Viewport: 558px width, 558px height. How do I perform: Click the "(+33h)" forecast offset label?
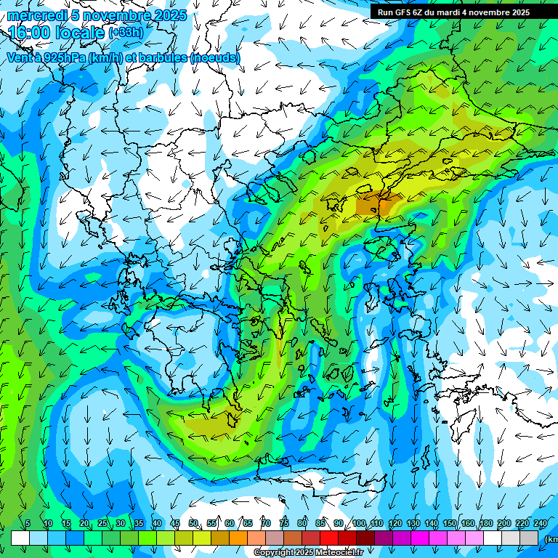click(x=126, y=33)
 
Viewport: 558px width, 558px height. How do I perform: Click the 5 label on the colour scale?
click(x=28, y=524)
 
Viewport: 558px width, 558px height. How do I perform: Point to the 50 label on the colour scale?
click(x=193, y=524)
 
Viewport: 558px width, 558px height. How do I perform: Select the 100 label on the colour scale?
click(x=359, y=524)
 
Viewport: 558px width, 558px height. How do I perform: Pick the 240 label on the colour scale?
click(x=540, y=524)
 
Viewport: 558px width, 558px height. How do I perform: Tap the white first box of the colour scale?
click(x=20, y=538)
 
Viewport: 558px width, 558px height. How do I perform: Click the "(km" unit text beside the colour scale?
click(x=551, y=539)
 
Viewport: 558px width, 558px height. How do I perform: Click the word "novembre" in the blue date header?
click(x=114, y=15)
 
